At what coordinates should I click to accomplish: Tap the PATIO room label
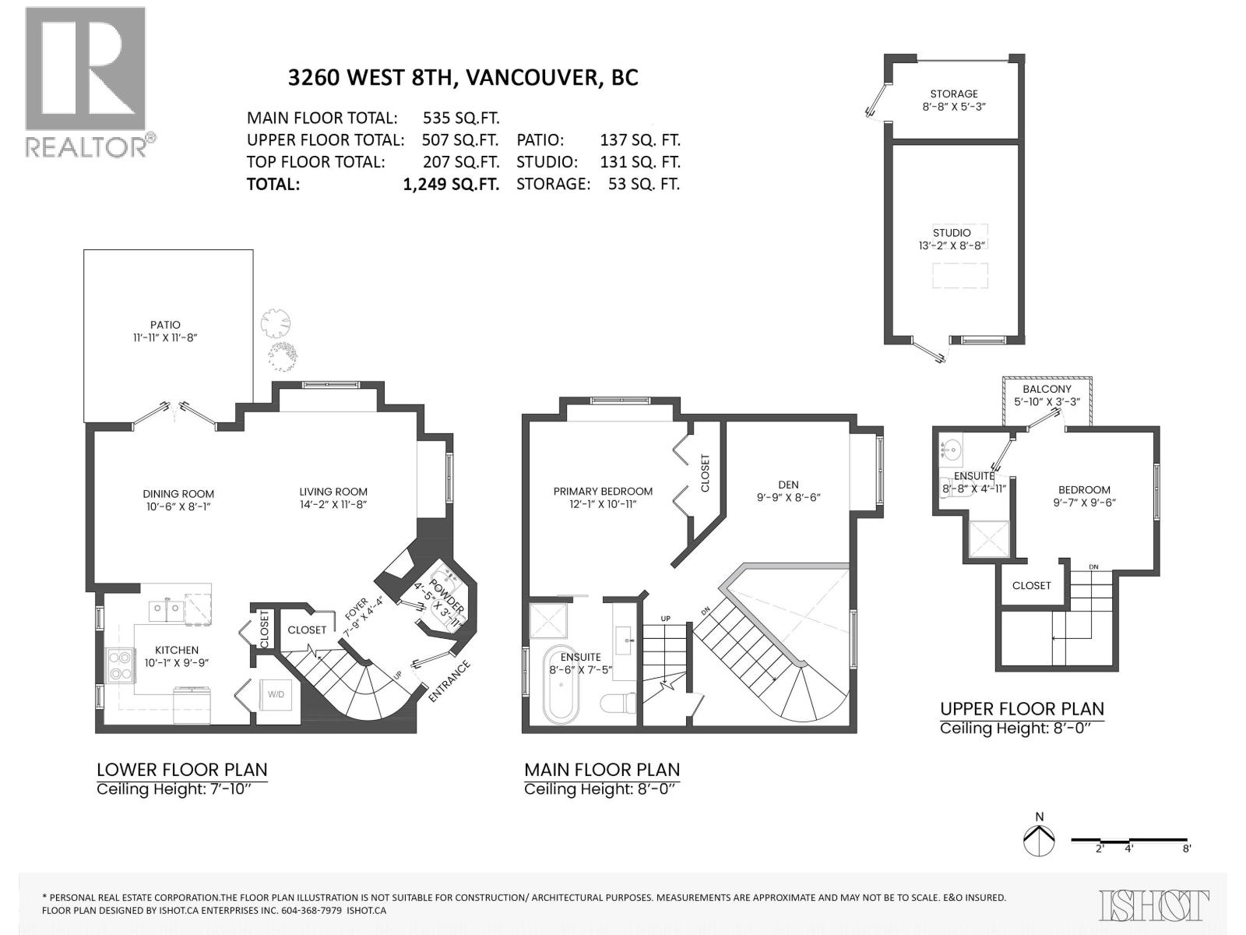(x=165, y=325)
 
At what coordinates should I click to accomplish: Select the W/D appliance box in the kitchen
(x=276, y=693)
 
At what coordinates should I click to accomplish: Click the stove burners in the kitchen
(x=120, y=665)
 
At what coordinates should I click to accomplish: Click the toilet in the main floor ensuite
(x=619, y=703)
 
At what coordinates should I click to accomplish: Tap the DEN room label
(x=788, y=485)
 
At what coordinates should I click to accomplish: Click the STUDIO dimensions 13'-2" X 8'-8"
(x=952, y=245)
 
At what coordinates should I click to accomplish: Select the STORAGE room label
(x=954, y=93)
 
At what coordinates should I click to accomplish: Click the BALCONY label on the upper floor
(x=1047, y=389)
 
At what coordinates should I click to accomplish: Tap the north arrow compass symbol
(x=1039, y=839)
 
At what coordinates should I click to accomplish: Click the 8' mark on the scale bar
(x=1186, y=849)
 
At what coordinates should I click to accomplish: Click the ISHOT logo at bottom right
(x=1154, y=906)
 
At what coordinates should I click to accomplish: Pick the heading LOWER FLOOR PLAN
(x=181, y=770)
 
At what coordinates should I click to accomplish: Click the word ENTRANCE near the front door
(x=450, y=681)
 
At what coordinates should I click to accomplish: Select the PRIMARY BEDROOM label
(x=603, y=492)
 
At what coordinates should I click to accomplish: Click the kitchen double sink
(x=166, y=608)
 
